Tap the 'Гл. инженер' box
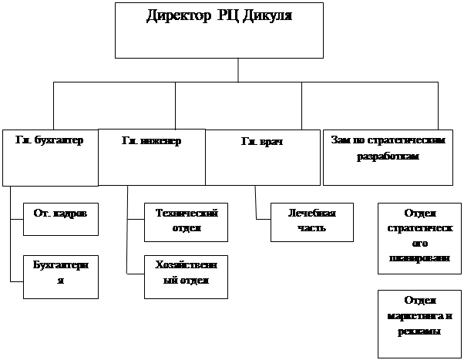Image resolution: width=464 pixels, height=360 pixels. pos(151,157)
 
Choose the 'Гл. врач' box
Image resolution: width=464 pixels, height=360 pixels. pos(261,157)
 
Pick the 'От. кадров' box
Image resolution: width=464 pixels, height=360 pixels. pos(61,219)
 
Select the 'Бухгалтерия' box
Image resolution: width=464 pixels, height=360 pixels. pos(61,274)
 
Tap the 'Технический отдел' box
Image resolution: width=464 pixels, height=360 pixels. pos(187,220)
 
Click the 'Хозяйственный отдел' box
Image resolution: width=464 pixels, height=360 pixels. pos(187,276)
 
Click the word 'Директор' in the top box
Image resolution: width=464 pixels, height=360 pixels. pos(174,15)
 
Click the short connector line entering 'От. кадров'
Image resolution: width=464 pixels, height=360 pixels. pos(18,220)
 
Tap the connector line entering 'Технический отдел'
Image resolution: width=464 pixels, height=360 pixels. pos(136,220)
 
